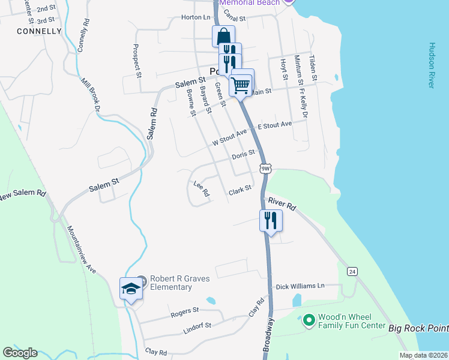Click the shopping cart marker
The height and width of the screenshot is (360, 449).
pos(241,84)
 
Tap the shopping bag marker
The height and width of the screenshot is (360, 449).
pos(223,36)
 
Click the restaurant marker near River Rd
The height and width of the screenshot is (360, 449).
pos(271,220)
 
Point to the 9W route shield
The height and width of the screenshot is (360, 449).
pos(266,169)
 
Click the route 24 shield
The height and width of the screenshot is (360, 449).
pos(352,272)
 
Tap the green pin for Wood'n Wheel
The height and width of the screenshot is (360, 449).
pos(309,320)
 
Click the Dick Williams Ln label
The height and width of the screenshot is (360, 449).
pos(300,287)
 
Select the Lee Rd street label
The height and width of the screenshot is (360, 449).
pos(201,189)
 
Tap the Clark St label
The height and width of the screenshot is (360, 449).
pos(238,191)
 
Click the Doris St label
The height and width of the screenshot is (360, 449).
pos(244,155)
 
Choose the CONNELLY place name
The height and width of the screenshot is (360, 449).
pos(40,31)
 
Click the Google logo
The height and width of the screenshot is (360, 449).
pos(20,353)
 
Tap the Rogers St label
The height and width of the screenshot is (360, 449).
pos(184,311)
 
